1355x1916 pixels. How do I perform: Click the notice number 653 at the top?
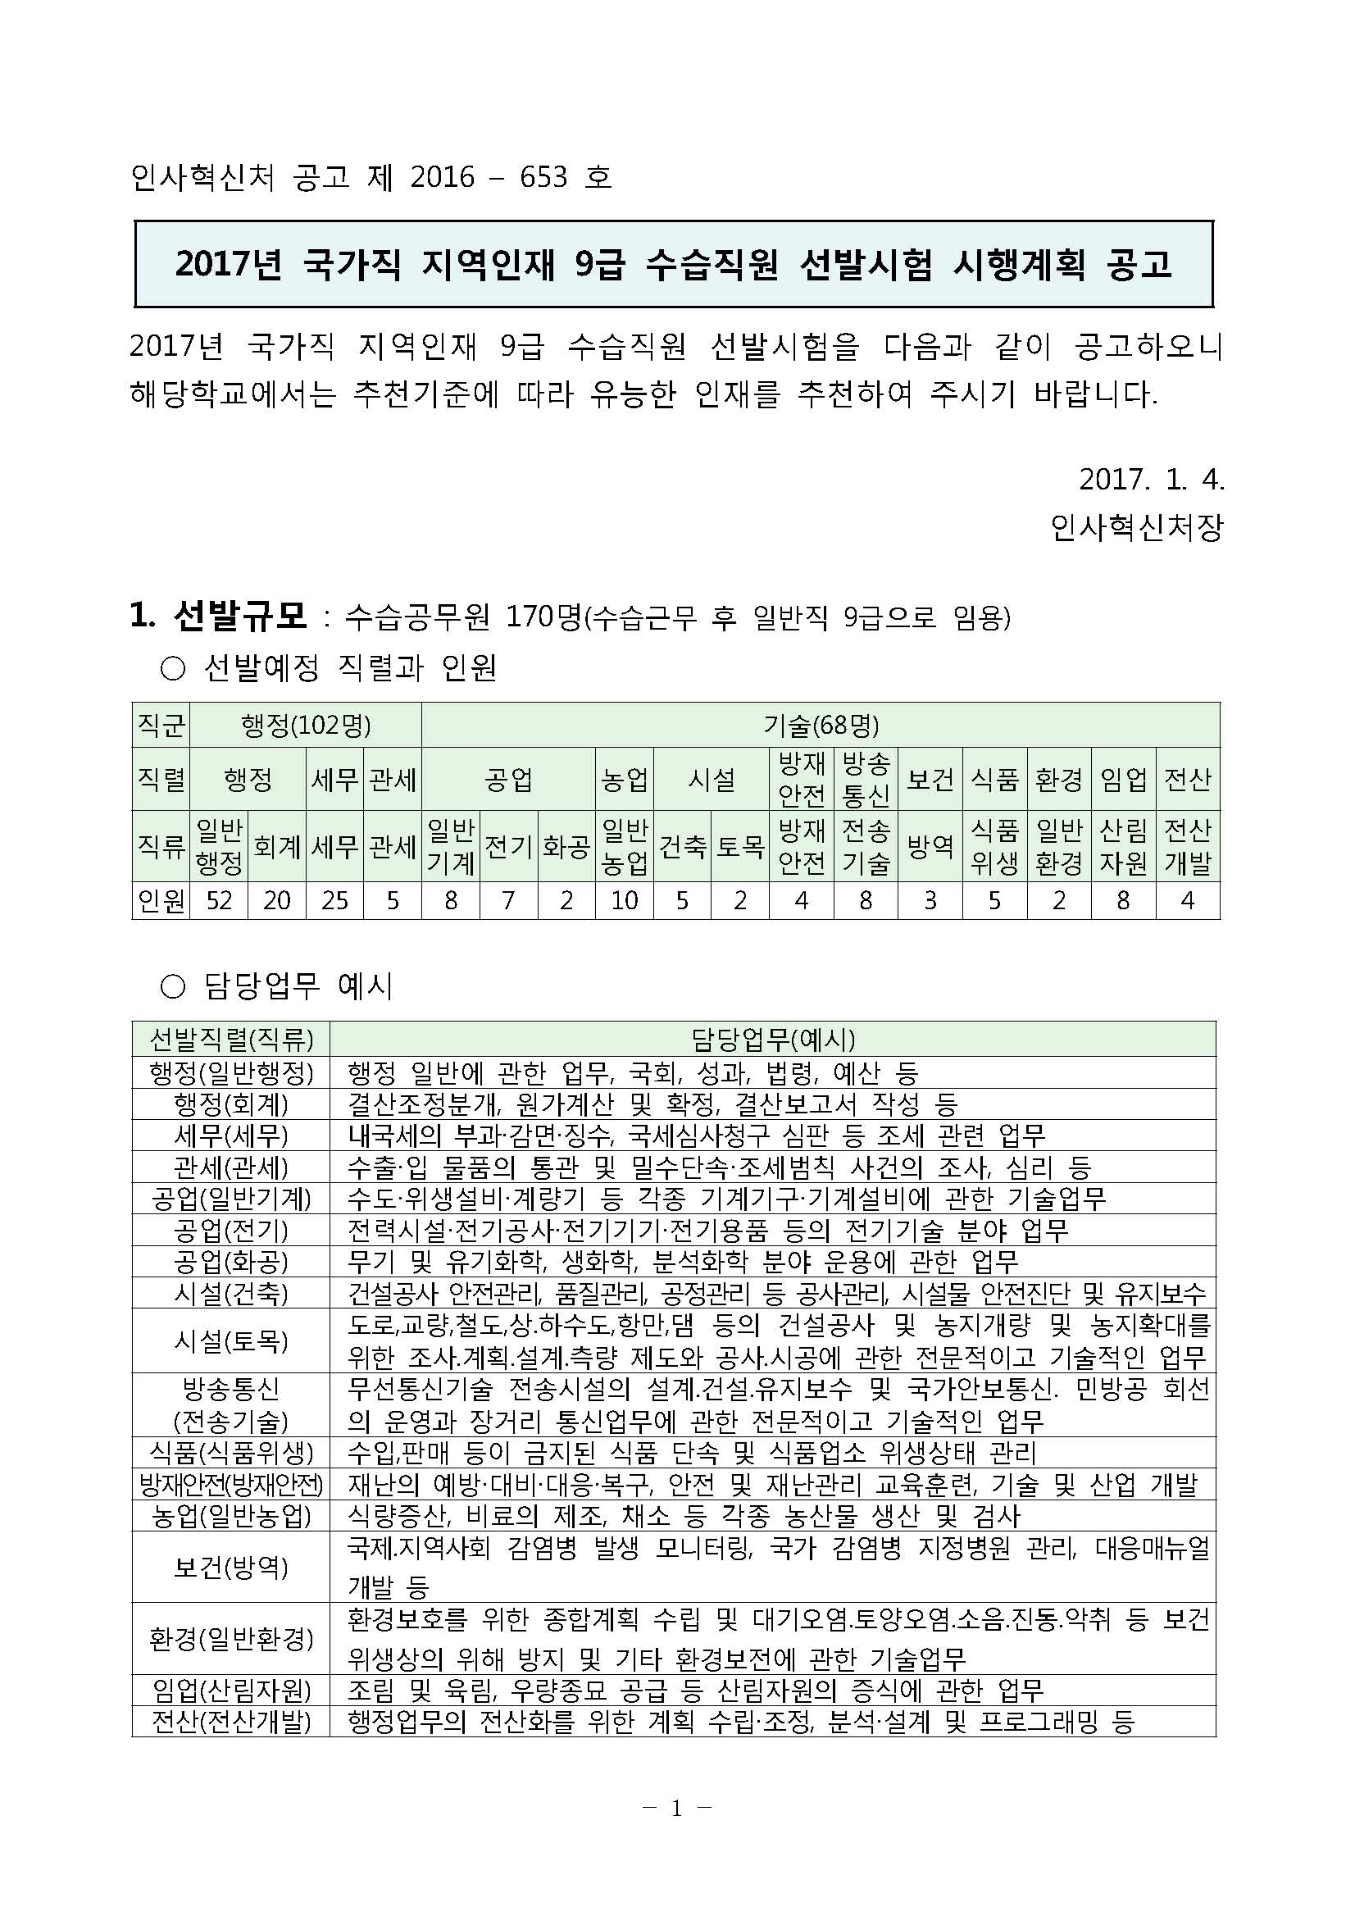[543, 177]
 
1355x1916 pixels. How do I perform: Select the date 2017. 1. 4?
[1152, 479]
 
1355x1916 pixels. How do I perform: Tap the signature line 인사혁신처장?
[1136, 526]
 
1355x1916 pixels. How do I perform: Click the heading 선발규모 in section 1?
[240, 617]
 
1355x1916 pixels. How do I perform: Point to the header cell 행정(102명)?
[306, 726]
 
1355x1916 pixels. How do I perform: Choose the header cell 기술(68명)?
[821, 726]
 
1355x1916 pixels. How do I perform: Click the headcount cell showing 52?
[219, 900]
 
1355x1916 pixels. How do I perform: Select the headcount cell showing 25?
[334, 900]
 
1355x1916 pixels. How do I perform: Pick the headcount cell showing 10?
[624, 900]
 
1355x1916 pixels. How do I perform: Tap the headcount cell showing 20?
[277, 900]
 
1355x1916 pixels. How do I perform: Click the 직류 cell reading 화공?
[566, 846]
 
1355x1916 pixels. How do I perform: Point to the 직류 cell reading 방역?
[930, 846]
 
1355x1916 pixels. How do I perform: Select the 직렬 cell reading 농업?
[624, 780]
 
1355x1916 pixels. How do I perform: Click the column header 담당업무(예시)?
[773, 1039]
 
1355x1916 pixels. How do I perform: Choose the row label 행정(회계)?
[230, 1104]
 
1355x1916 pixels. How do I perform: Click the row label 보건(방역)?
[230, 1568]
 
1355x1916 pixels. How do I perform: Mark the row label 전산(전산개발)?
[230, 1721]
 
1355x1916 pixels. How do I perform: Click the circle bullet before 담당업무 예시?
[172, 988]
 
